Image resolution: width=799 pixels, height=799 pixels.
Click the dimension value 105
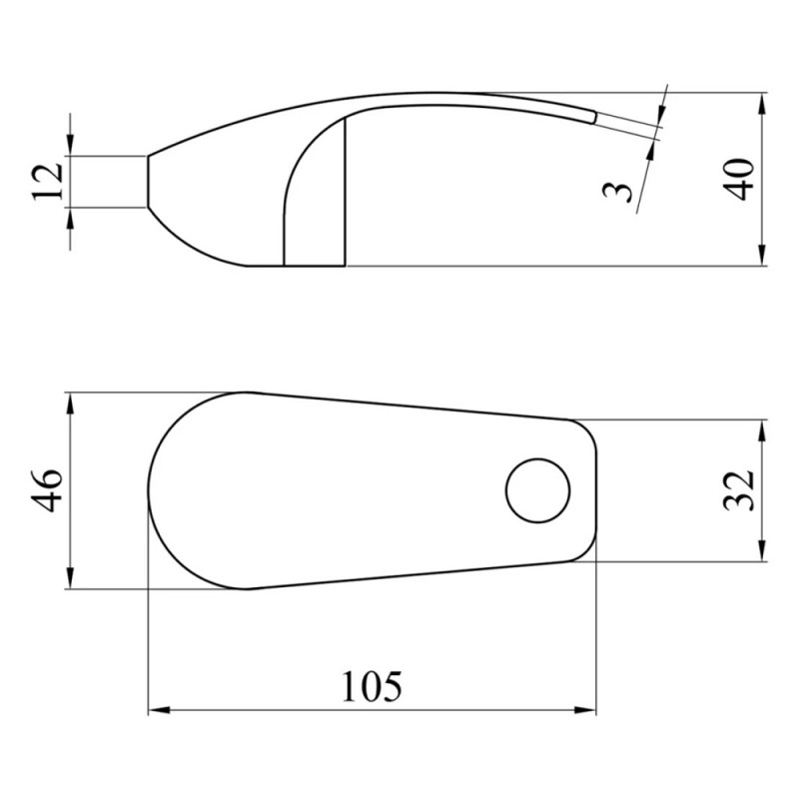pyautogui.click(x=372, y=686)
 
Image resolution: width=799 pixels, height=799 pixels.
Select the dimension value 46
pyautogui.click(x=47, y=490)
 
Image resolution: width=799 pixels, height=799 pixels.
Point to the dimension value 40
pyautogui.click(x=739, y=180)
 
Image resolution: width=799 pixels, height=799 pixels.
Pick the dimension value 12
pyautogui.click(x=47, y=182)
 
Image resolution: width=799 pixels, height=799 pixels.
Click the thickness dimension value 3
pyautogui.click(x=617, y=191)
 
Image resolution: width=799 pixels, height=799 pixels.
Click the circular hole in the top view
pyautogui.click(x=538, y=490)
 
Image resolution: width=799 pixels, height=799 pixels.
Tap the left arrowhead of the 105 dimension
pyautogui.click(x=159, y=710)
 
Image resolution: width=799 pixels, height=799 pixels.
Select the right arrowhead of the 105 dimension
pyautogui.click(x=585, y=710)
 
